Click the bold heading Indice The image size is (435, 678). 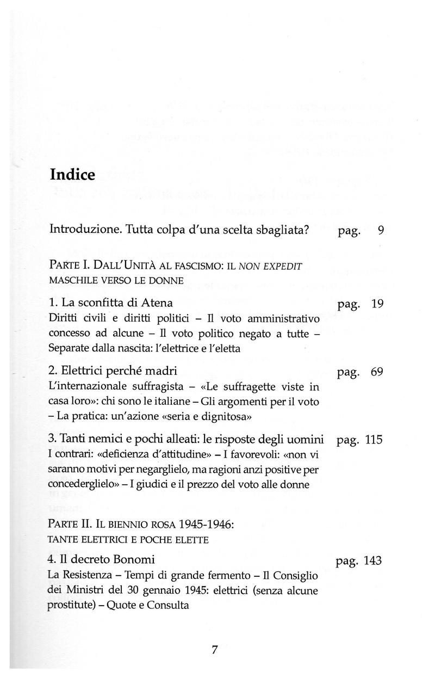[x=72, y=175]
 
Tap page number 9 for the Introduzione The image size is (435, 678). [x=381, y=231]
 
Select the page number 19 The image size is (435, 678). [x=377, y=305]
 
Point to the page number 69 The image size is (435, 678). [x=377, y=372]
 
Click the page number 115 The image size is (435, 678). [x=374, y=440]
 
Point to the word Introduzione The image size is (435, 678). [x=82, y=230]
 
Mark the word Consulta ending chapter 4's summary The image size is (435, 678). [x=167, y=605]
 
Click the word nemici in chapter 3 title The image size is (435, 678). [x=111, y=440]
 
